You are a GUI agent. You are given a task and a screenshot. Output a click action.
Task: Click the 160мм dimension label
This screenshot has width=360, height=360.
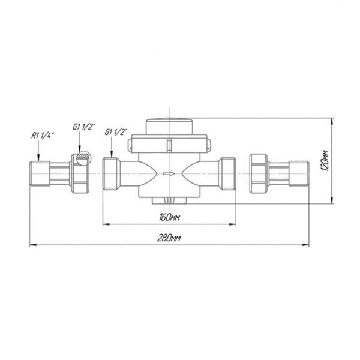point(169,217)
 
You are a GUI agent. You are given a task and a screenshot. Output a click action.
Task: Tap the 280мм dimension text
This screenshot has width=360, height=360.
point(169,238)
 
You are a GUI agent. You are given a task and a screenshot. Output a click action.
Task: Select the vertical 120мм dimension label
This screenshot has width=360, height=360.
point(325,160)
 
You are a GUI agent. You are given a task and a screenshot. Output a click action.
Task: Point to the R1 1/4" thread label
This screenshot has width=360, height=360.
point(43,136)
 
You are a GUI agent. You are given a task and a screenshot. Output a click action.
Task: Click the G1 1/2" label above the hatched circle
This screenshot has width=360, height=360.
point(84,127)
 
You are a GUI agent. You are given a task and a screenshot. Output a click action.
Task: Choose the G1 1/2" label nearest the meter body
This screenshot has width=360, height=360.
point(116,132)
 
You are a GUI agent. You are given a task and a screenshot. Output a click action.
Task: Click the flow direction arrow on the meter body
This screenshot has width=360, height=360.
point(169,173)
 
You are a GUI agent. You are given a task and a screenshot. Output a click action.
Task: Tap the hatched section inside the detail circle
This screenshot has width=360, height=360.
point(83,157)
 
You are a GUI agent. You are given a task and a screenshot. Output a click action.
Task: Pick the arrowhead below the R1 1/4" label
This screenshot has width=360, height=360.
point(38,158)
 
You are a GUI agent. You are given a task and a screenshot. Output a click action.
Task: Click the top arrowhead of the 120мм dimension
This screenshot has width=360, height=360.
point(332,122)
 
